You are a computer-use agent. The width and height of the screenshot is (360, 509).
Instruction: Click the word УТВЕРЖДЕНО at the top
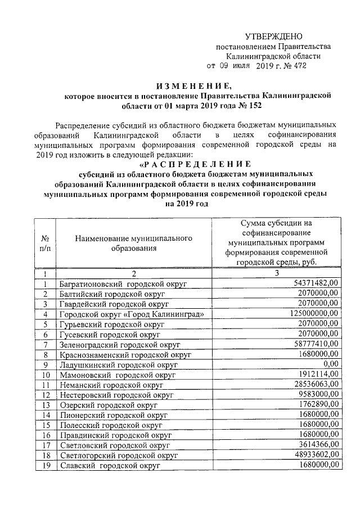[273, 36]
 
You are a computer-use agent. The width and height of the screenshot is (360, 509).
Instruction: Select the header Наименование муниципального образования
[133, 243]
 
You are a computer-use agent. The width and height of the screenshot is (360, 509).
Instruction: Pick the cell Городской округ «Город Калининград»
[131, 314]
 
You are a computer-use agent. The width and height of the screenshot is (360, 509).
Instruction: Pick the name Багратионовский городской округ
[123, 283]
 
